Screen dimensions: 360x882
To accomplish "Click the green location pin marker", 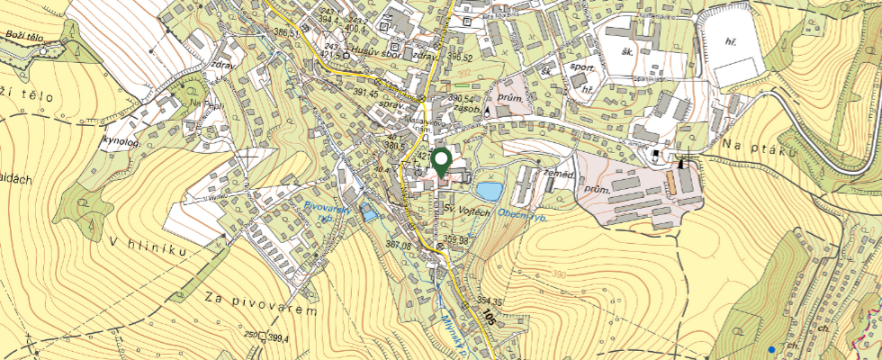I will [x=441, y=162].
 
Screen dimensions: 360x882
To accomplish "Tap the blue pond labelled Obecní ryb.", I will [x=490, y=191].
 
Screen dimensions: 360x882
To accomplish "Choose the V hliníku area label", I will [x=149, y=247].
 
